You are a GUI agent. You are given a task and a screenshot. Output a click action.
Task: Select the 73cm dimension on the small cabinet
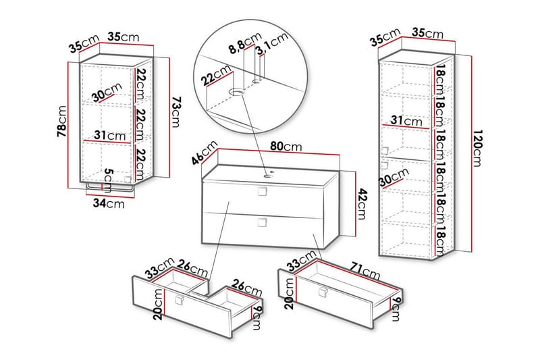pos(175,113)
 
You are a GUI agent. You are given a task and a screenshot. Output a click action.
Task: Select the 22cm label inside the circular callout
pos(214,79)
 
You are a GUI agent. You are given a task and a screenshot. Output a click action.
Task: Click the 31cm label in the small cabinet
pos(110,136)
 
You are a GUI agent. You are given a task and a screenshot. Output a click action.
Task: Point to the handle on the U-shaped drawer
pos(179,301)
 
